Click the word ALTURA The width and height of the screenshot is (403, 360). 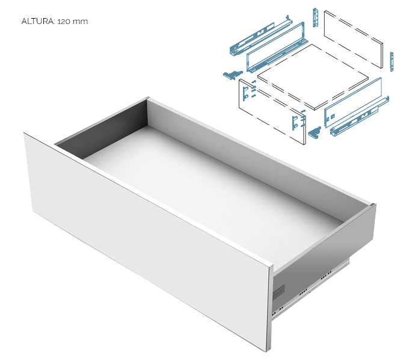38,21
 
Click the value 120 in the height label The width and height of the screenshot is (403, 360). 64,21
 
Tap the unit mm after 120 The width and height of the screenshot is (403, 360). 80,22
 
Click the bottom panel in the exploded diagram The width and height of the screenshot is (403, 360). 313,76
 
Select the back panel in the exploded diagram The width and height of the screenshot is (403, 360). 354,39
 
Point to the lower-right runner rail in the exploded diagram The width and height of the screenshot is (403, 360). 360,117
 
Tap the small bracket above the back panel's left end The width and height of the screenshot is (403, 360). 316,17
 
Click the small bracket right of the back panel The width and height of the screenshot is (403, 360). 392,61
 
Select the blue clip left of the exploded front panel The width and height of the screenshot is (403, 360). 232,75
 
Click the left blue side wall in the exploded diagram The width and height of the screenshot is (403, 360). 275,47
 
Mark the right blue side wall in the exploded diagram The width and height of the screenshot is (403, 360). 353,102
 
